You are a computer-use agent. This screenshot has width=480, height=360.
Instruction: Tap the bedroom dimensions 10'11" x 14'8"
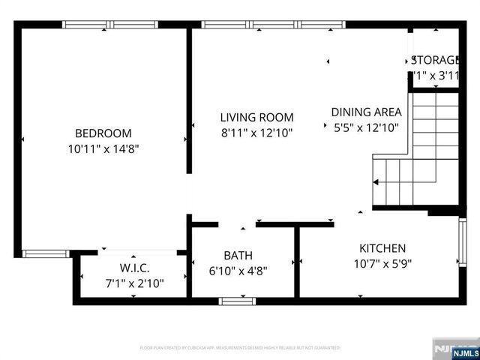pos(103,148)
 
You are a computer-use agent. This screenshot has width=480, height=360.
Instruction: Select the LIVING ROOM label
pos(256,118)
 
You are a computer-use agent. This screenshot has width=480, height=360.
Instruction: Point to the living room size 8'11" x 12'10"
pos(256,133)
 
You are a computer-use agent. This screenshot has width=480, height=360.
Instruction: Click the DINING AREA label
pos(366,112)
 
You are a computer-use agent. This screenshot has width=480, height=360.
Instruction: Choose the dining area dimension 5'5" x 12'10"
pos(366,127)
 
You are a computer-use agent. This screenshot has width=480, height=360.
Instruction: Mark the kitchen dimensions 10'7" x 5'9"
pos(382,263)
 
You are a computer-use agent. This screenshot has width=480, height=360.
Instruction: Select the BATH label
pos(238,256)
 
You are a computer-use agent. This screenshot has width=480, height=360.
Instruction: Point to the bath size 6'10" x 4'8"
pos(238,271)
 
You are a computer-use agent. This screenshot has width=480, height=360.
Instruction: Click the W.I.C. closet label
pos(134,268)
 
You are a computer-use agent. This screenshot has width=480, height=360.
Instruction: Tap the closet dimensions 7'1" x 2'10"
pos(134,283)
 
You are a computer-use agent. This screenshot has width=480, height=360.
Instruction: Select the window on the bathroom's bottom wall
pos(238,301)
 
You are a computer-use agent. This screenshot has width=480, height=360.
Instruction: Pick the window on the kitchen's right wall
pos(463,242)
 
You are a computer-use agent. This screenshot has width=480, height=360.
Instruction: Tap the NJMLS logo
pos(455,349)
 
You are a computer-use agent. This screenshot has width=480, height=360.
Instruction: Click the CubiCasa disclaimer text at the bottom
pos(240,348)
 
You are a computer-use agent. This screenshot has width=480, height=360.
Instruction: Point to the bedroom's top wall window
pos(109,25)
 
